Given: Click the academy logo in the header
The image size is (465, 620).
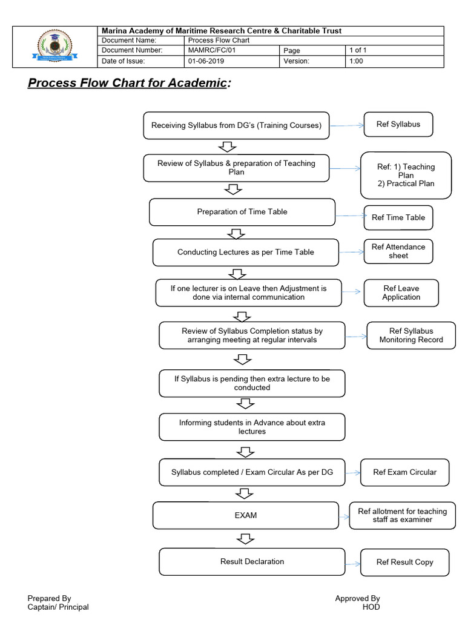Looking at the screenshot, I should tap(54, 47).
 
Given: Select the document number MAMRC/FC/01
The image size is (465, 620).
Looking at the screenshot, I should tap(211, 51).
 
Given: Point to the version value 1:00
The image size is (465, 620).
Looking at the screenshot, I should tap(356, 61).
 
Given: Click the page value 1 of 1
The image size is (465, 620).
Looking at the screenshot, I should tap(358, 51).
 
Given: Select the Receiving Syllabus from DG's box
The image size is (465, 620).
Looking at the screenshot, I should tap(236, 126).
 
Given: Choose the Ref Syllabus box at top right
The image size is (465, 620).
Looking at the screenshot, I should tap(398, 125).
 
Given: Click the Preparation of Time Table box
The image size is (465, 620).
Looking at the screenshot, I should tap(242, 212).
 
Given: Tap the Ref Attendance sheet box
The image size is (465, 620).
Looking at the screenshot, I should tap(398, 251).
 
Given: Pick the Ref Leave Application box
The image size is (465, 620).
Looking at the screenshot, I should tap(401, 293).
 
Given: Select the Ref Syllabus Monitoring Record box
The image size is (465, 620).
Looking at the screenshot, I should tap(411, 335).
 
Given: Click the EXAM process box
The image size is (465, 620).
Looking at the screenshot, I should tap(245, 515).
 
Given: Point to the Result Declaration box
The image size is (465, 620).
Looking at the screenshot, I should tap(252, 562).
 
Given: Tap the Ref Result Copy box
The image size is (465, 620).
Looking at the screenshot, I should tap(404, 562).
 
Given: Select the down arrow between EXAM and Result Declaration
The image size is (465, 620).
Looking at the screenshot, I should tap(245, 538).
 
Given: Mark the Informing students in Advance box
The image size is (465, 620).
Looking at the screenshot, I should tap(252, 427).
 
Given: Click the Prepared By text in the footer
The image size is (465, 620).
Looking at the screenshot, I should tap(49, 598).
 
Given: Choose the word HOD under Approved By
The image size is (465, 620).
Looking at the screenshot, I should tap(371, 607).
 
